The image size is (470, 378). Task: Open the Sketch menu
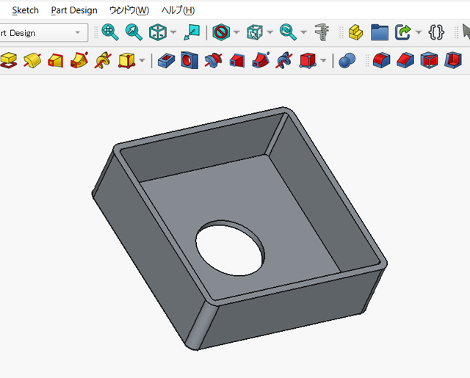click(25, 10)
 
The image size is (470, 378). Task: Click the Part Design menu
click(73, 10)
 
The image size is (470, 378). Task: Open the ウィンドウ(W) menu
click(129, 10)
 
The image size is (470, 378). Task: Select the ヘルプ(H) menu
click(178, 10)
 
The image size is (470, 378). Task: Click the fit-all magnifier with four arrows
click(110, 32)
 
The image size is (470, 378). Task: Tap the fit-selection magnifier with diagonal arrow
click(133, 32)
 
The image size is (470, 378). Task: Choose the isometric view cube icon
click(157, 32)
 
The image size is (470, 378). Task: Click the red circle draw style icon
click(221, 32)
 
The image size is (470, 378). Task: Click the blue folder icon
click(379, 32)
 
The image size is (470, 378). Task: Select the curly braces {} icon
click(436, 32)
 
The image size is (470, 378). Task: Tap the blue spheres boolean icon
click(347, 59)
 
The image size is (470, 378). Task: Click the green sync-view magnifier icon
click(288, 32)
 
